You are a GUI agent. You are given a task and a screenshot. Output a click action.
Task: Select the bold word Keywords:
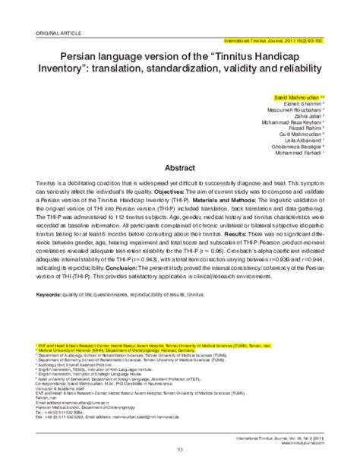(49, 291)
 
